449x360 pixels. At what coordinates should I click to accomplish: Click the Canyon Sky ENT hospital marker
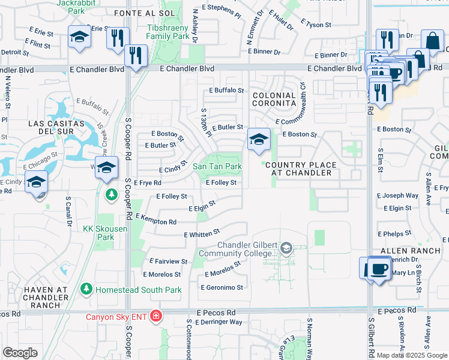click(156, 316)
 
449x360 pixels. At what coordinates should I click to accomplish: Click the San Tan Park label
click(217, 166)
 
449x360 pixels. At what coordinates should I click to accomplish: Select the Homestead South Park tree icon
click(86, 290)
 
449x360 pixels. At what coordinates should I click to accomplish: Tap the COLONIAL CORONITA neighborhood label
click(274, 100)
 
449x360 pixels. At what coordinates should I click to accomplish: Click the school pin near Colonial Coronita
click(259, 140)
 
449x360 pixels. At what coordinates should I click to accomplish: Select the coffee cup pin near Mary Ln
click(377, 268)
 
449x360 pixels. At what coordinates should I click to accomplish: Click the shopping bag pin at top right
click(432, 41)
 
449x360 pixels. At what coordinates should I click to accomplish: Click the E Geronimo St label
click(223, 287)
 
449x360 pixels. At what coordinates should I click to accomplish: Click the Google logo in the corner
click(20, 353)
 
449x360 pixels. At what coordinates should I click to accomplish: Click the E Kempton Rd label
click(156, 219)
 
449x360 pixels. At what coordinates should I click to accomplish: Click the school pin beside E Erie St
click(79, 37)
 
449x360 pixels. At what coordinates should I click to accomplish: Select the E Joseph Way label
click(397, 196)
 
